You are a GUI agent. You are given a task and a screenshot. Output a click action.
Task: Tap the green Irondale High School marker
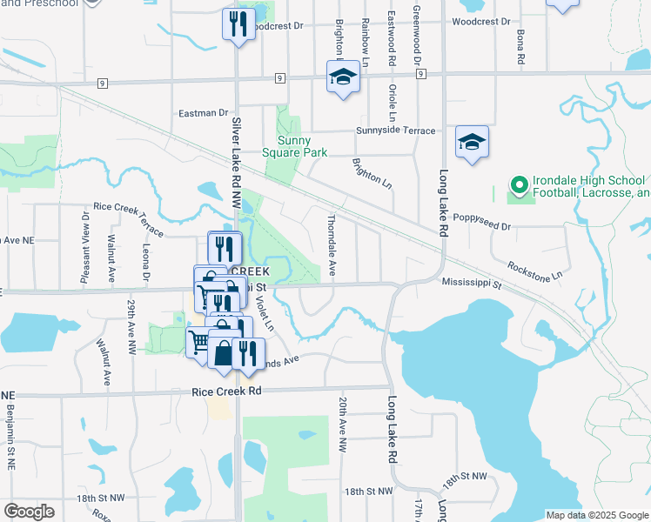click(519, 185)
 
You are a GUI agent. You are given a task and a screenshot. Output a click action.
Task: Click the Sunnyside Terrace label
click(395, 130)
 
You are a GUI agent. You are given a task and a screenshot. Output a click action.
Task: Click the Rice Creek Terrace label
click(128, 219)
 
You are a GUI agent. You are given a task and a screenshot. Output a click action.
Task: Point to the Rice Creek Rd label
click(226, 391)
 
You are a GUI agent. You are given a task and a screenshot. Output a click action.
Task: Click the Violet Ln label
click(265, 314)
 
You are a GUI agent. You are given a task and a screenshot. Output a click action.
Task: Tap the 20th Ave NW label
click(343, 423)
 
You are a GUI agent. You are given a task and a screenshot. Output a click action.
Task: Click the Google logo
click(30, 512)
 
